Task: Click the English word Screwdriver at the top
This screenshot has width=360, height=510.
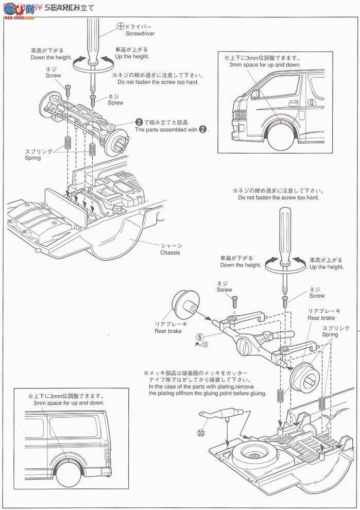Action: (140, 33)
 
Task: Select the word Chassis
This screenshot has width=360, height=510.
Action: (170, 253)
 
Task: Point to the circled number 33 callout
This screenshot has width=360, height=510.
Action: (200, 432)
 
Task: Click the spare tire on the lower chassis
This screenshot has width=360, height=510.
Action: (256, 455)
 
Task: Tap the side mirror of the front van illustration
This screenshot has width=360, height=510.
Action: (254, 94)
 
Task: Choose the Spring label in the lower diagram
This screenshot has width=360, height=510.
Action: (330, 335)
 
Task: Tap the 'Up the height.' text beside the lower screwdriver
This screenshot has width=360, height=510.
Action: (327, 267)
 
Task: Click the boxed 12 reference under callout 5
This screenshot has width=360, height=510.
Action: (204, 345)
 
